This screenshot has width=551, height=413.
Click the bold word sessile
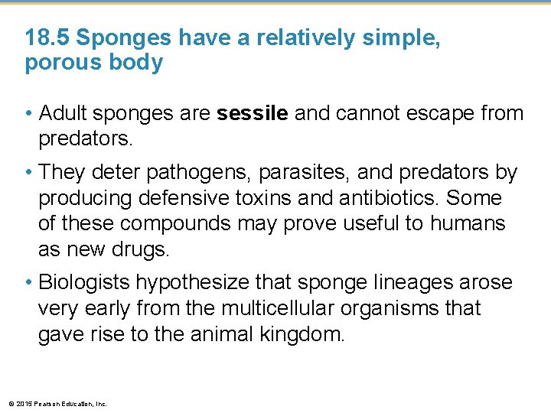pos(253,114)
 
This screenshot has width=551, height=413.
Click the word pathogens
pos(187,173)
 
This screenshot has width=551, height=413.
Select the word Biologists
pos(84,283)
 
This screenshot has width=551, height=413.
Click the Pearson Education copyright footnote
pos(57,403)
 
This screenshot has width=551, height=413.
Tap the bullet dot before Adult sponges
pos(29,115)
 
